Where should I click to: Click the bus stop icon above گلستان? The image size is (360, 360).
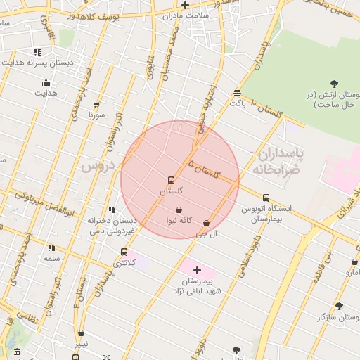(x=171, y=181)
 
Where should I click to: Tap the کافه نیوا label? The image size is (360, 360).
(x=179, y=221)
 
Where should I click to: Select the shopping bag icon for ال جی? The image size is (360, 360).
(x=206, y=224)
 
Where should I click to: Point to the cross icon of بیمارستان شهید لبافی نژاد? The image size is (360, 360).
(x=197, y=270)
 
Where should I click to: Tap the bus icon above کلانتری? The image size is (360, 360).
(x=124, y=252)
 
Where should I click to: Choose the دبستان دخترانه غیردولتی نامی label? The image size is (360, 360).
(x=111, y=225)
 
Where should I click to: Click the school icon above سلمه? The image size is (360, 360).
(x=51, y=247)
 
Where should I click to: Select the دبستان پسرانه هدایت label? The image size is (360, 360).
(x=39, y=63)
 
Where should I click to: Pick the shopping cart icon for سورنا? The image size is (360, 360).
(x=97, y=104)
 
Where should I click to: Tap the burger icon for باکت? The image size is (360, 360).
(x=238, y=93)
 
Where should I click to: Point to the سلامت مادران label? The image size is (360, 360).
(x=185, y=15)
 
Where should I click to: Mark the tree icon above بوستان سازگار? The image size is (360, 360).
(x=340, y=306)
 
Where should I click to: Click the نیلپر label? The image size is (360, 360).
(x=82, y=343)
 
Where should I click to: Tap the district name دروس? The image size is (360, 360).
(x=97, y=166)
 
